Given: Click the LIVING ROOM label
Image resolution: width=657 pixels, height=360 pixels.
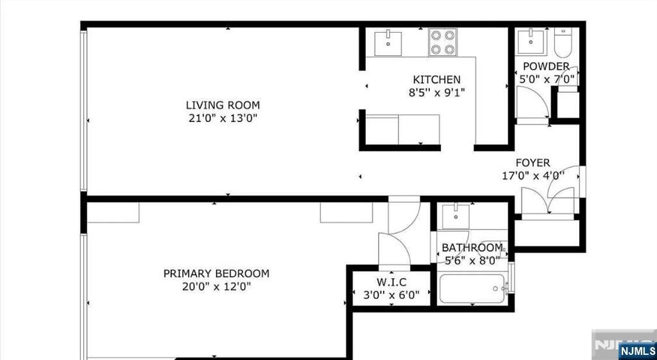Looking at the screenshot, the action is point(223,105).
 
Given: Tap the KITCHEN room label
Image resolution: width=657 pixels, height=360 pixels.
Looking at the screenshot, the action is point(436,80).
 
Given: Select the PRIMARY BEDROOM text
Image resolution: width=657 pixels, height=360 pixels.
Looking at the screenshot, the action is point(216,273).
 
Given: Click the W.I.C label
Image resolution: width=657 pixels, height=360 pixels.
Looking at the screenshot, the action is point(391,282).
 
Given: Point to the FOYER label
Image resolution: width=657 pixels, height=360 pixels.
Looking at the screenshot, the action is point(533,162).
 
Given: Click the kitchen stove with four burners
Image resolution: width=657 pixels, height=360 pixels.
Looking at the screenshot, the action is point(443,42).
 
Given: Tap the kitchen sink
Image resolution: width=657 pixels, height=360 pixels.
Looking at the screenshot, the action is point(388,42).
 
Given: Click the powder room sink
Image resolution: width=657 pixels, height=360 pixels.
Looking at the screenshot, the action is point(531,42).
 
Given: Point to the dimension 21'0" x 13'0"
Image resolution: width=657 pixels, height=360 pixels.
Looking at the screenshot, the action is point(223,118).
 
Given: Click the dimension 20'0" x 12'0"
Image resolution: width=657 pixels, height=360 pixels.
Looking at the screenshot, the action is point(216,287).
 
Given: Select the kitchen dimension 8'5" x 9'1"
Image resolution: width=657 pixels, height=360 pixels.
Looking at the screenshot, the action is point(436,92).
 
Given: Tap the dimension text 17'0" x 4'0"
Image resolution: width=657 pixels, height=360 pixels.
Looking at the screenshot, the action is point(533,176).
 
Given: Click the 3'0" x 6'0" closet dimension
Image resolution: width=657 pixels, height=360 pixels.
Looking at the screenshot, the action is point(391,295).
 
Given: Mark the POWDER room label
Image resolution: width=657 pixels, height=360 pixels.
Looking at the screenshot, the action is point(546,66).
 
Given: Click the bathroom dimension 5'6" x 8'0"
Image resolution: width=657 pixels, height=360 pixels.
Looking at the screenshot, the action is point(472,261).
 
